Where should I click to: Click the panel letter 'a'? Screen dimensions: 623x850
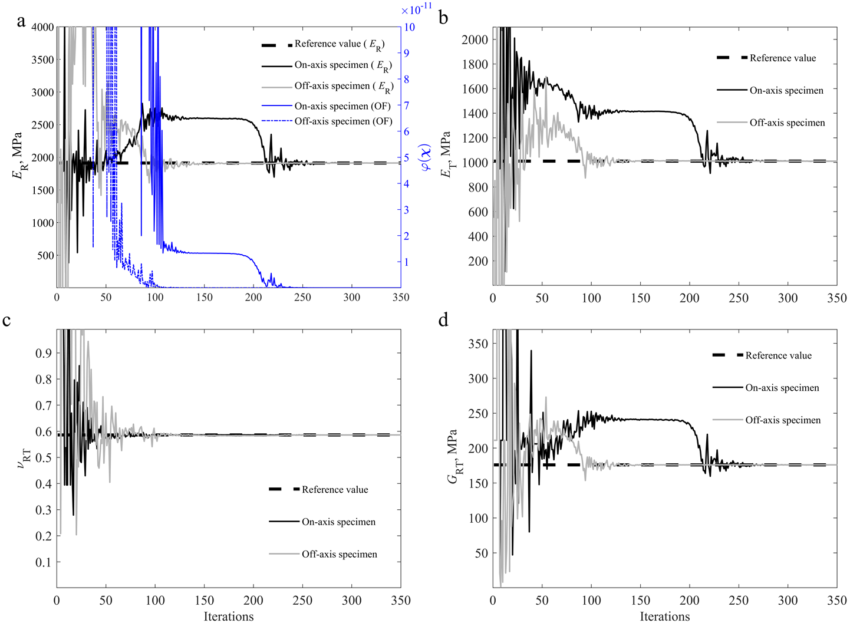21,22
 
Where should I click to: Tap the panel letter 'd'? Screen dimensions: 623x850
443,320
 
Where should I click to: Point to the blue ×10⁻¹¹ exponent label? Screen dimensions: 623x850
416,10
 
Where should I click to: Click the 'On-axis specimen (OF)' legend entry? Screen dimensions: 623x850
342,106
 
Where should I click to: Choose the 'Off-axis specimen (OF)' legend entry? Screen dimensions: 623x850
343,121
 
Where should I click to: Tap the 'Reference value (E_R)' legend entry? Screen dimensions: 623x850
340,44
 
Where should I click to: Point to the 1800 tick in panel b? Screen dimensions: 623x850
475,64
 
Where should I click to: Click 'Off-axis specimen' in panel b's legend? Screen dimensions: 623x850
787,123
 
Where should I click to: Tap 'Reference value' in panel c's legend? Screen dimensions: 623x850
335,490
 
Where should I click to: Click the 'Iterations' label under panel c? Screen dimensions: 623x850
229,616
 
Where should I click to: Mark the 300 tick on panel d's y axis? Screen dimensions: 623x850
477,378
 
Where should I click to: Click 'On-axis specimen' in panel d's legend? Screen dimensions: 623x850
782,388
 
